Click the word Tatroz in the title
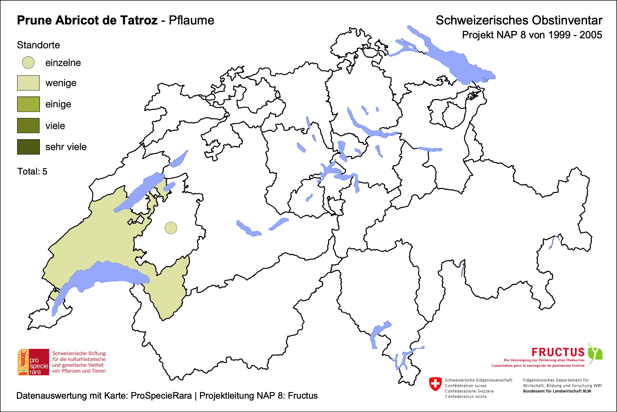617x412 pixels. coord(139,20)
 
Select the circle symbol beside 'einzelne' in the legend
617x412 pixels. coord(28,63)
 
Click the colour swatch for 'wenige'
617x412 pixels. coord(28,83)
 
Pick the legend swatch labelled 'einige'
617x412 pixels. coord(28,104)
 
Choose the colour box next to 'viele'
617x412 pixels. coord(28,126)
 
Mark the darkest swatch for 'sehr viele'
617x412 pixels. coord(28,147)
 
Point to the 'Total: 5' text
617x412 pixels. coord(32,171)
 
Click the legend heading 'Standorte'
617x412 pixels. coord(38,45)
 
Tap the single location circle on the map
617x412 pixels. coord(171,228)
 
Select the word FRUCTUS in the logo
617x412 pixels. coord(558,352)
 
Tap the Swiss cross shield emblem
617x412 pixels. coord(435,384)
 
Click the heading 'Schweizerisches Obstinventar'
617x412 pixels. coord(519,20)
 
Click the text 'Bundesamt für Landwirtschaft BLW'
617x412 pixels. coord(557,391)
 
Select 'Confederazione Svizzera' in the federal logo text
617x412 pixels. coord(469,391)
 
